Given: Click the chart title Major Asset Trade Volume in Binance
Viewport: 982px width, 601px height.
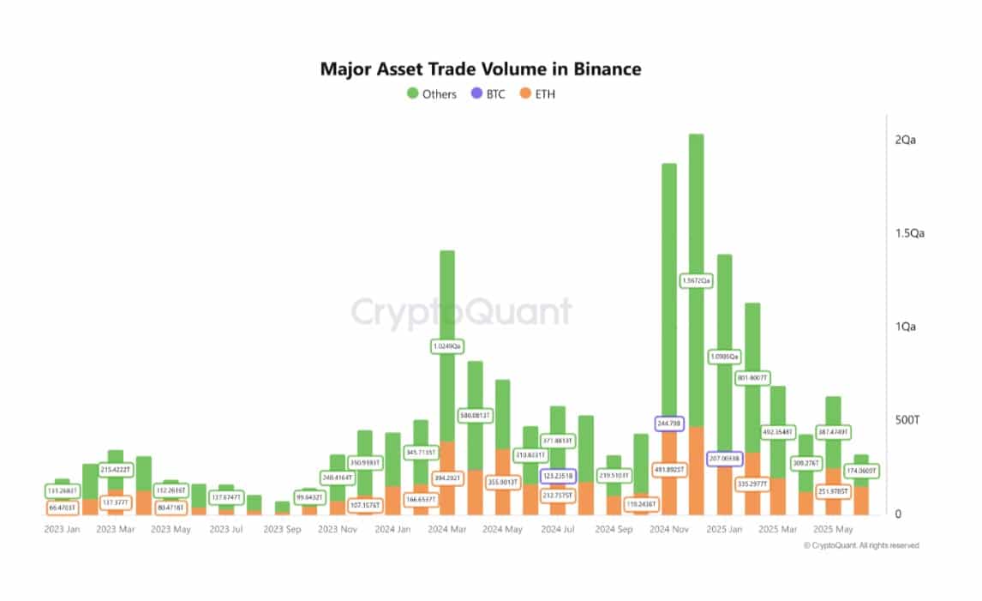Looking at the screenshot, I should coord(481,69).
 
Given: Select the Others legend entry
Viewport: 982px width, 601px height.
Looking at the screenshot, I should coord(432,93).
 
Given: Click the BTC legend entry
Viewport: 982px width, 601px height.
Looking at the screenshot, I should coord(491,93).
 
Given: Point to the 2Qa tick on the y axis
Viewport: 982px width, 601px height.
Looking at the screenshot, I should coord(907,141).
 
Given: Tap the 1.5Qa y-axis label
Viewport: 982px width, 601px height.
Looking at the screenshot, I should coord(910,234).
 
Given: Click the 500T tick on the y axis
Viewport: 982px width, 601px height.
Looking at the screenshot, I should coord(907,421).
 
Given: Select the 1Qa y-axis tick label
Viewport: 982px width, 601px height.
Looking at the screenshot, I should coord(907,328).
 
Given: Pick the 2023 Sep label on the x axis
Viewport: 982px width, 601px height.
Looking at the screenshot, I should coord(282,530).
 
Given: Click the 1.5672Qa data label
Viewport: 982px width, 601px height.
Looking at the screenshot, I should coord(696,280).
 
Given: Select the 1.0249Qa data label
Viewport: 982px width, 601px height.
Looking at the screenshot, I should coord(446,346).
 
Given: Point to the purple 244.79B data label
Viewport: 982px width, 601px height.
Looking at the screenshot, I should coord(669,423).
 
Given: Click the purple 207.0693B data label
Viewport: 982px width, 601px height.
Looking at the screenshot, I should coord(725,459).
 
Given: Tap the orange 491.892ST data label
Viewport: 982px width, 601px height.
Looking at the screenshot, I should coord(669,470).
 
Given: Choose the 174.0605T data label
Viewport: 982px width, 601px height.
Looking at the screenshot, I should coord(862,472).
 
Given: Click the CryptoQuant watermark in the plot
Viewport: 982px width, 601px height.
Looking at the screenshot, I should coord(461,313).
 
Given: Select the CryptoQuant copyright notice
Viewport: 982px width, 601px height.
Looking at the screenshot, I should coord(861,545).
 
